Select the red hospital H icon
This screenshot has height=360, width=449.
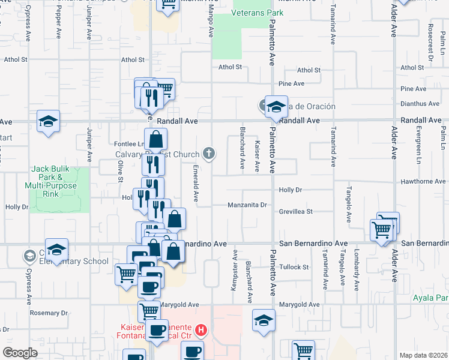[x=202, y=330]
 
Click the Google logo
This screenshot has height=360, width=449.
[x=20, y=353]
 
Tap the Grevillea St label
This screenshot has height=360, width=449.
[x=296, y=211]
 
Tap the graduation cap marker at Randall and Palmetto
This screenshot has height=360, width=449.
[x=276, y=107]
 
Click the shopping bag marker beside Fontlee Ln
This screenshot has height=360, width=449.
[x=155, y=140]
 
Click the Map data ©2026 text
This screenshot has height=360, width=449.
[x=424, y=355]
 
